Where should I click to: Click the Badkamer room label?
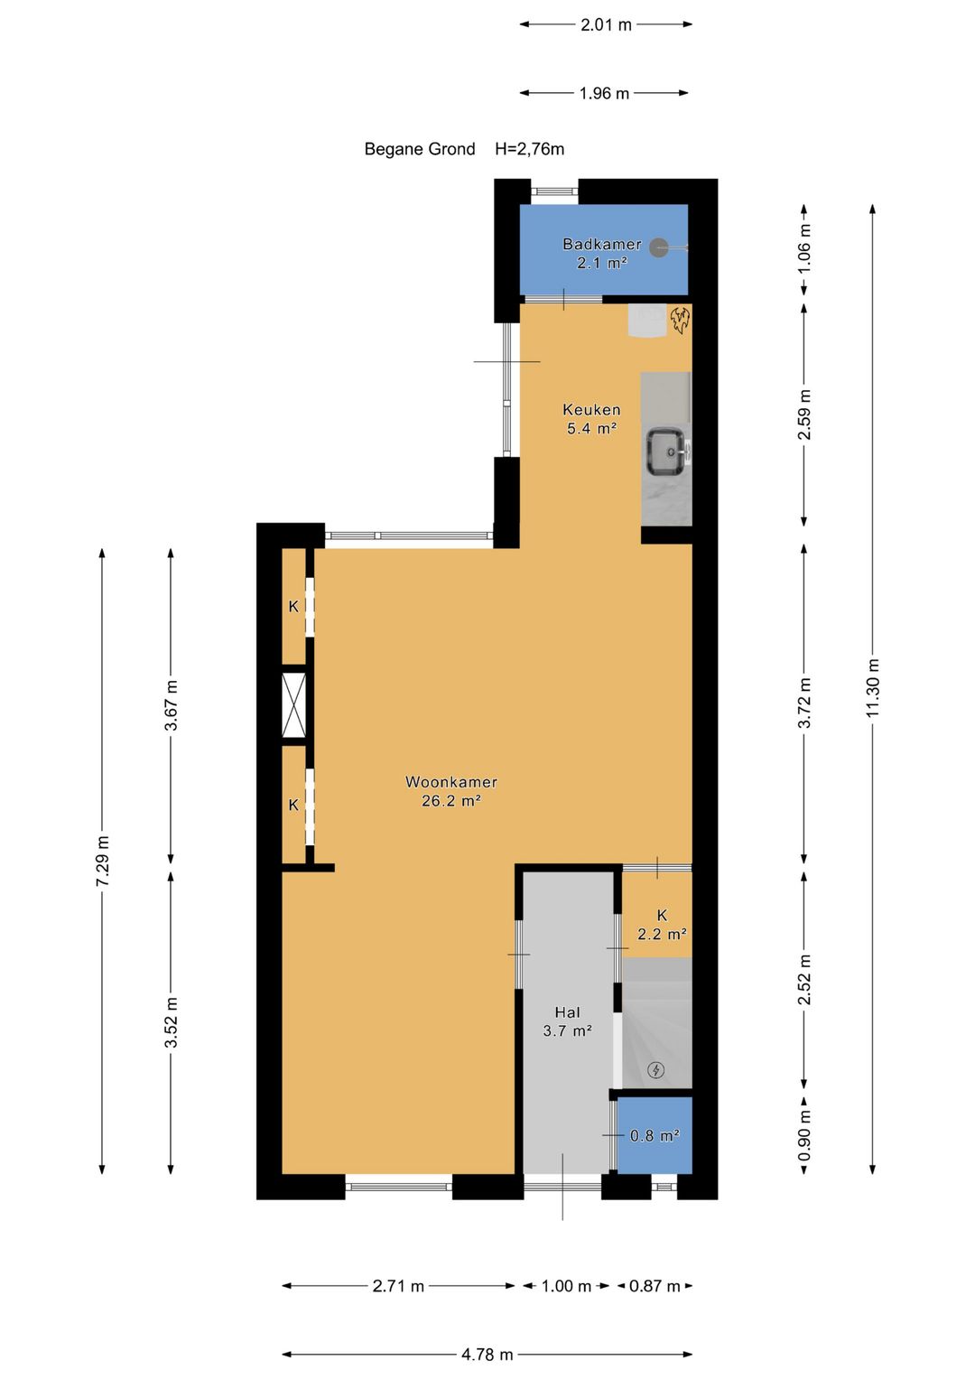click(601, 245)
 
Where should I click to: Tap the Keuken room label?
click(591, 409)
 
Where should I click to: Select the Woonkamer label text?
click(450, 782)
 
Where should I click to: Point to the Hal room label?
click(567, 1012)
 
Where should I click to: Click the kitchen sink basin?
click(666, 452)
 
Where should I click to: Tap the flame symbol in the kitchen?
click(680, 320)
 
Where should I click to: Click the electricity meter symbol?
click(656, 1070)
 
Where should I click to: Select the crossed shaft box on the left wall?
click(293, 705)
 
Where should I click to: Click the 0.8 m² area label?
click(655, 1135)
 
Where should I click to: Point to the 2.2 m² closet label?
click(662, 934)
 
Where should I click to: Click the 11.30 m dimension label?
click(873, 687)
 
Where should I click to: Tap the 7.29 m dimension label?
click(102, 861)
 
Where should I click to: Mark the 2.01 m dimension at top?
click(606, 24)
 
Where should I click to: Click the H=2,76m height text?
click(529, 149)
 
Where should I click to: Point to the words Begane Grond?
click(420, 149)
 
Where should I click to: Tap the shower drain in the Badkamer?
click(659, 247)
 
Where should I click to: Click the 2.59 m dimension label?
click(803, 415)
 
